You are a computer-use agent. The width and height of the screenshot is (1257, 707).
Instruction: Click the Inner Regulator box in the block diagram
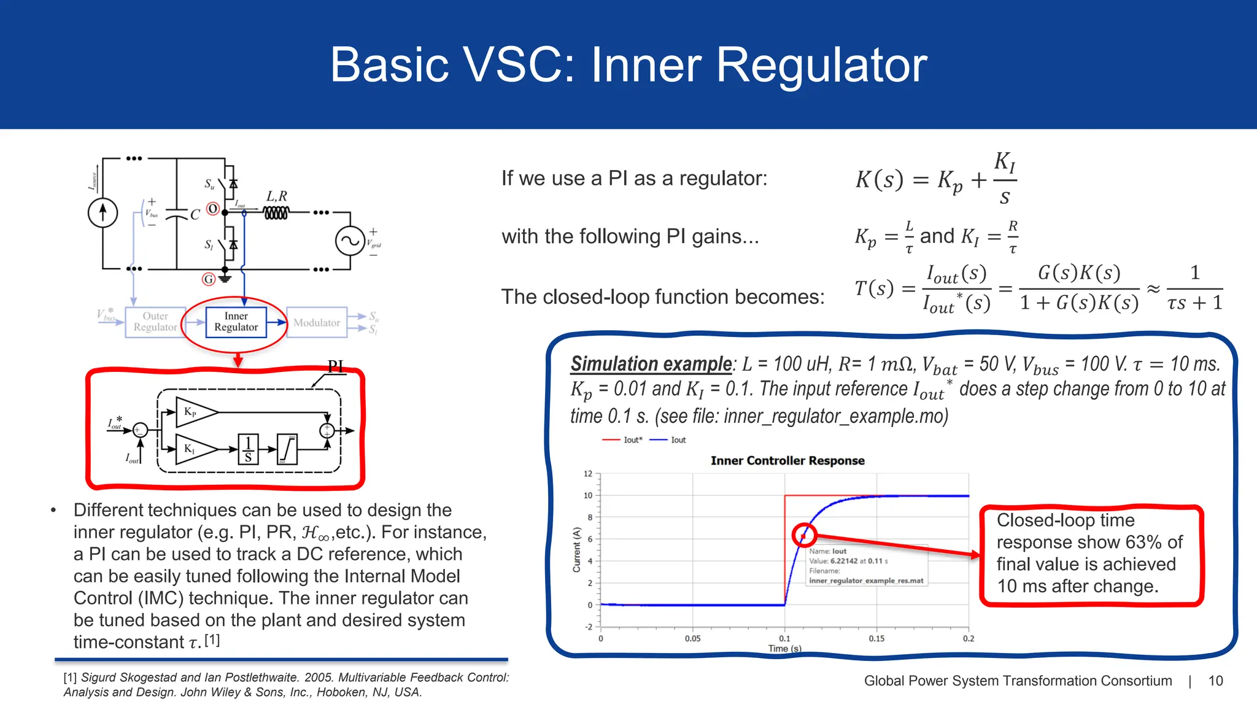point(236,322)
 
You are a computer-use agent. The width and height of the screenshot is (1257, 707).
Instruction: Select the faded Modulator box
point(317,323)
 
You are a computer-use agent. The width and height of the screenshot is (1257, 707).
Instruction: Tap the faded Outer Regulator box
point(155,322)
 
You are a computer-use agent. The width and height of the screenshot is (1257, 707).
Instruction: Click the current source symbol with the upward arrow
point(102,212)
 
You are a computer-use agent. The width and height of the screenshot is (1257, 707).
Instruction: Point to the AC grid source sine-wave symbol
point(350,241)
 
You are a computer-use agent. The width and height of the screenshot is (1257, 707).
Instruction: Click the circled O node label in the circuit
point(212,209)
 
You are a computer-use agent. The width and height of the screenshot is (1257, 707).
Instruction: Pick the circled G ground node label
point(209,279)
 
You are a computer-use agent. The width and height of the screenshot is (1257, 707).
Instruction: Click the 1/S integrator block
point(248,449)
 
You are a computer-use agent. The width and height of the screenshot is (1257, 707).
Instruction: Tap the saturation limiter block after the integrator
point(287,449)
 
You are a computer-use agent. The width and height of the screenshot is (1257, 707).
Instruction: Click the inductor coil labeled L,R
point(276,213)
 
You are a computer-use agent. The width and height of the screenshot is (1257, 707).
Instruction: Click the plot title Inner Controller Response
point(787,461)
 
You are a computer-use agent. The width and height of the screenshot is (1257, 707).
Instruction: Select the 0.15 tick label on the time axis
point(876,639)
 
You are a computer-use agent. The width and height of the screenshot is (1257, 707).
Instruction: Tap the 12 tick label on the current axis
point(588,474)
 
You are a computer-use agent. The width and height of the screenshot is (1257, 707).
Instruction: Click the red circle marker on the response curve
point(803,536)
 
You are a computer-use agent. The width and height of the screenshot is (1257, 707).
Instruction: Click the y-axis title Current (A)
point(576,549)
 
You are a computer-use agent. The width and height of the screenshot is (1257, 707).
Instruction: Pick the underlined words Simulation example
point(651,364)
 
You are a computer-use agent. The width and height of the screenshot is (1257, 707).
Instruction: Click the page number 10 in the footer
point(1215,681)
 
